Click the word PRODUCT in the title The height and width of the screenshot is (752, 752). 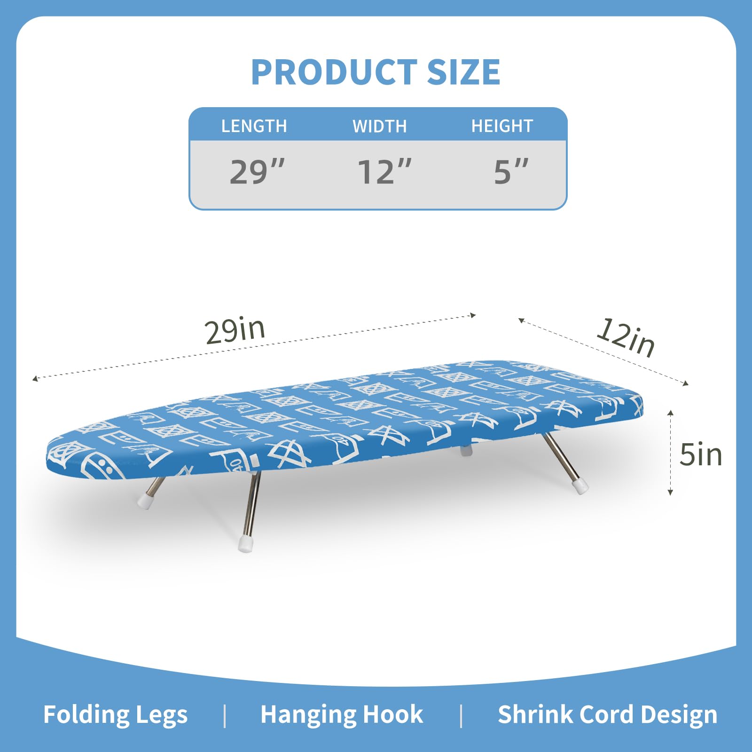pos(334,72)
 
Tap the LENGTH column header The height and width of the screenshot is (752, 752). pos(254,126)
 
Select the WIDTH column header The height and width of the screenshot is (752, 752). pos(379,126)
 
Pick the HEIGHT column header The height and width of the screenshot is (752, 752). pos(502,126)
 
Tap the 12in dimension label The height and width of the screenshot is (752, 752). pos(626,337)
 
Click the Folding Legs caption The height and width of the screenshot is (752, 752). pos(115,715)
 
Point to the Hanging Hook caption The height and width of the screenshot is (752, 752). pos(342,715)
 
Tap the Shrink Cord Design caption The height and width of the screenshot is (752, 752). pos(607,715)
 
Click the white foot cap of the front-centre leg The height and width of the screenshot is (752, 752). pos(245,544)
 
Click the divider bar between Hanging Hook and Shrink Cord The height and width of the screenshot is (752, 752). pos(461,715)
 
